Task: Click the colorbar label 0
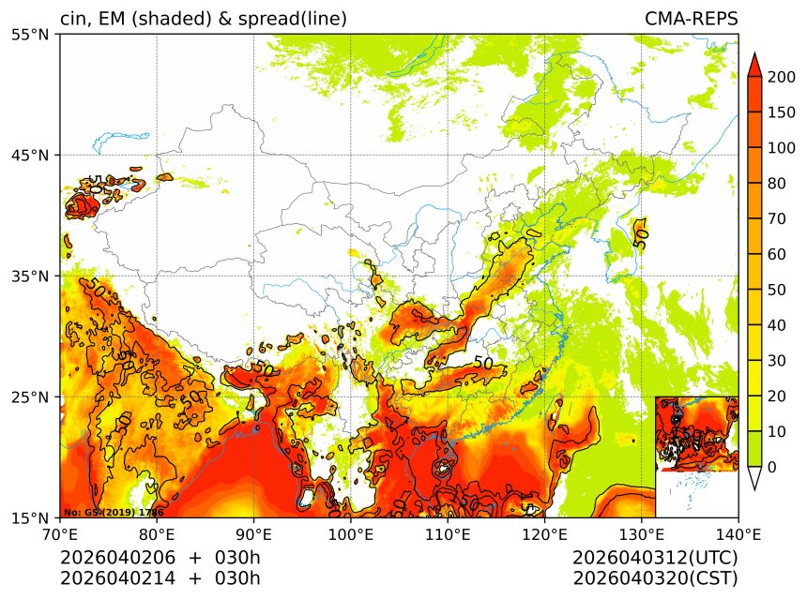click(771, 467)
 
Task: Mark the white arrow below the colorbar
click(754, 478)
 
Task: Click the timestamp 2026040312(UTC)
click(655, 558)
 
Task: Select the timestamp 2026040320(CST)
click(655, 577)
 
